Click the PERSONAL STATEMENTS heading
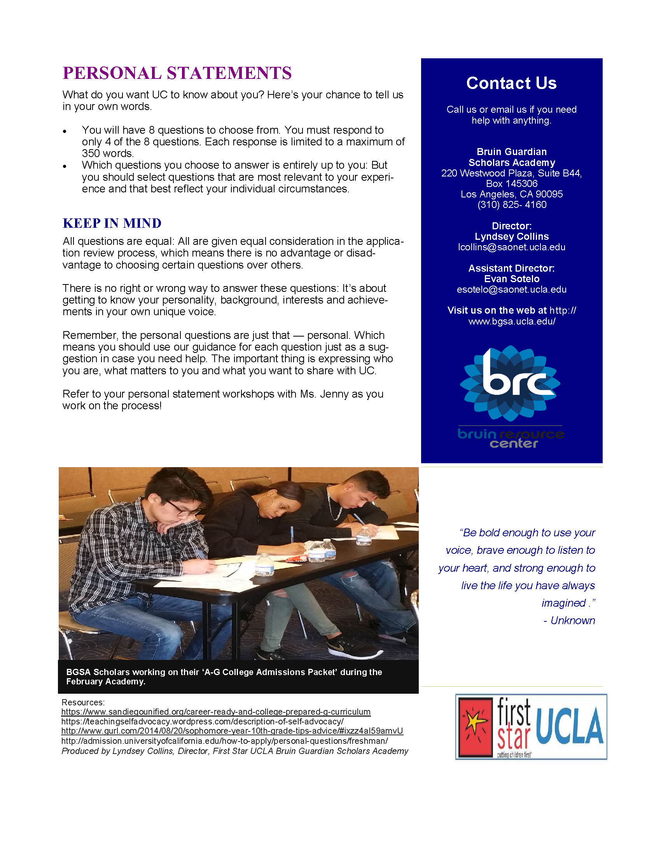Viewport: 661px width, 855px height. tap(177, 73)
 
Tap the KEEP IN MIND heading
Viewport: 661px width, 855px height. tap(112, 223)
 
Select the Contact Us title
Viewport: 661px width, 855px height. tap(511, 83)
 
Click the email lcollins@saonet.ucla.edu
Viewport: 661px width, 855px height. tap(511, 247)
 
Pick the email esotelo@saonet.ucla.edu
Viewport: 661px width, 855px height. tap(511, 289)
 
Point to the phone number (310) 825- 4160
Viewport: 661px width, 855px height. tap(511, 204)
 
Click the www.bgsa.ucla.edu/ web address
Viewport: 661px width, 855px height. tap(511, 321)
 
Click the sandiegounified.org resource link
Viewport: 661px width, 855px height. tap(216, 712)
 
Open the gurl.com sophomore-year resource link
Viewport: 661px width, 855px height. tap(232, 731)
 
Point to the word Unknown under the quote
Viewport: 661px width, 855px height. tap(572, 621)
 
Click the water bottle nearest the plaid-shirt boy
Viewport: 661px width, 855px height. tap(264, 565)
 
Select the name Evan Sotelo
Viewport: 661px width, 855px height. tap(511, 279)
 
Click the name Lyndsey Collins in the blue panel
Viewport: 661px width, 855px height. tap(511, 236)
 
